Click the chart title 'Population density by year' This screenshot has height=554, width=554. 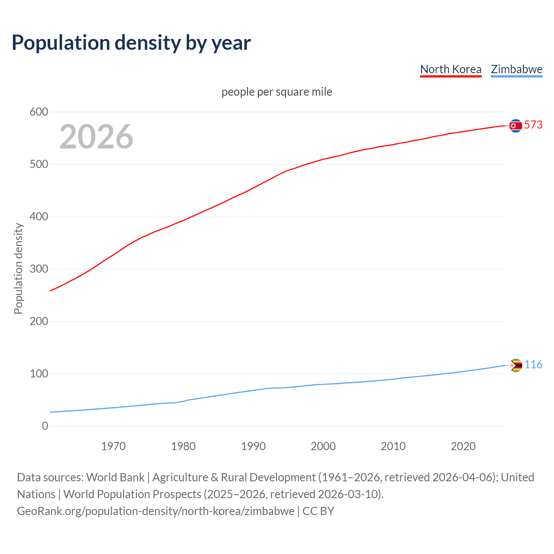click(131, 43)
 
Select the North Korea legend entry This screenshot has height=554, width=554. click(451, 69)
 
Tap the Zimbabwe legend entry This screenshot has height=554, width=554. click(516, 69)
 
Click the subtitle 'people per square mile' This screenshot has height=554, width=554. click(277, 92)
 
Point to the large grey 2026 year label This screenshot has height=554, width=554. click(96, 137)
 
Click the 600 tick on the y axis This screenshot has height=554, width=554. click(39, 112)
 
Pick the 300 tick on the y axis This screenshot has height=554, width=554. click(39, 269)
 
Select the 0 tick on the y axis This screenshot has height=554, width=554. click(45, 426)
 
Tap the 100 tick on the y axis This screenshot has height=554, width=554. click(39, 374)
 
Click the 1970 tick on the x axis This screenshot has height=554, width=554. click(113, 446)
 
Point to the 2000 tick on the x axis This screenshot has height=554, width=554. click(323, 446)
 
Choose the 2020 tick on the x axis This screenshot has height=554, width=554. click(463, 446)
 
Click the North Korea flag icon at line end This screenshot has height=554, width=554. click(515, 126)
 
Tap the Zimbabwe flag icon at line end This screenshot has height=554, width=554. click(515, 365)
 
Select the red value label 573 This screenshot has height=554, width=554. click(533, 125)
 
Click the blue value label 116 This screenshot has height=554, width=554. click(533, 364)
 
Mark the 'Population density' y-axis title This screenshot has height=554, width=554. click(18, 268)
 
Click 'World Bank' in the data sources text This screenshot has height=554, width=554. click(115, 477)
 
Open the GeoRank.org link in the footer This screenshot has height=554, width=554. click(155, 511)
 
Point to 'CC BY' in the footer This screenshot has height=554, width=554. click(318, 511)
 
